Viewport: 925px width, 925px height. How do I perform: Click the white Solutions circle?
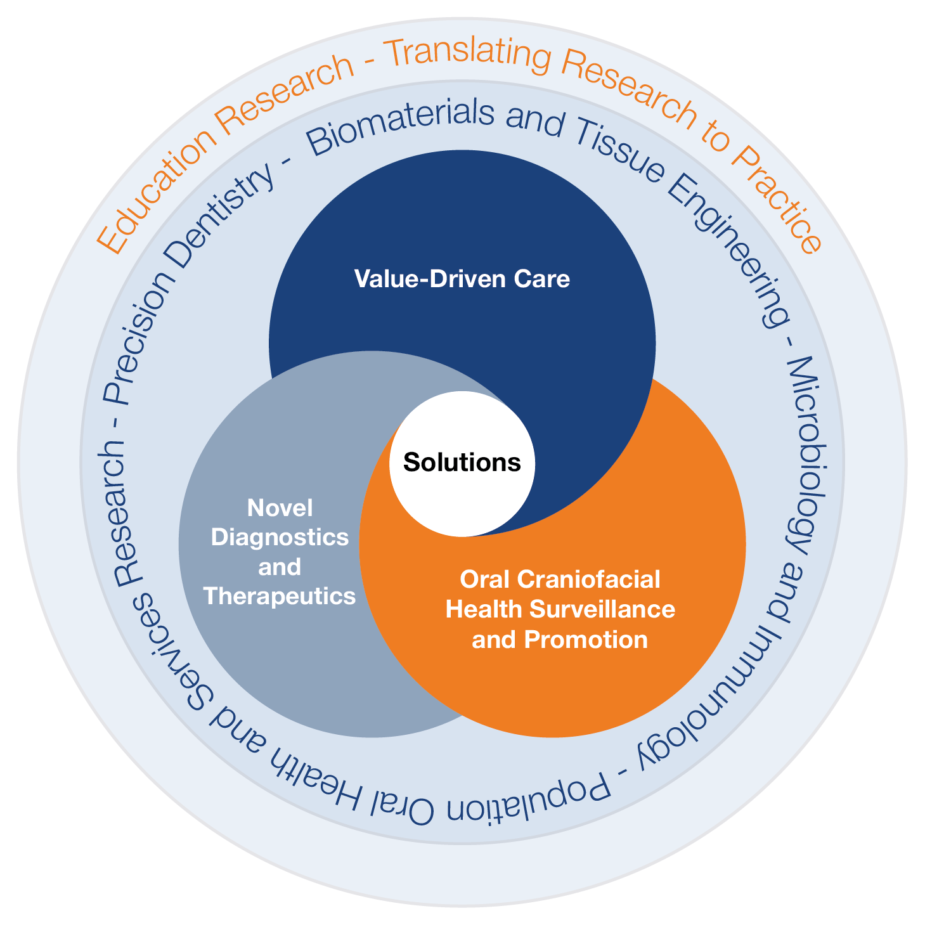click(462, 463)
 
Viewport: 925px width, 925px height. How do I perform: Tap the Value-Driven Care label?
click(462, 279)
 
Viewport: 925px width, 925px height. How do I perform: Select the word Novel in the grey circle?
click(280, 508)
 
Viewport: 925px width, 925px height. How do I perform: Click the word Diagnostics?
click(280, 538)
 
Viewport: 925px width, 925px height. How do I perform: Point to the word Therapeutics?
click(280, 596)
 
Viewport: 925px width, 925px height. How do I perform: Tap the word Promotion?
click(586, 639)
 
